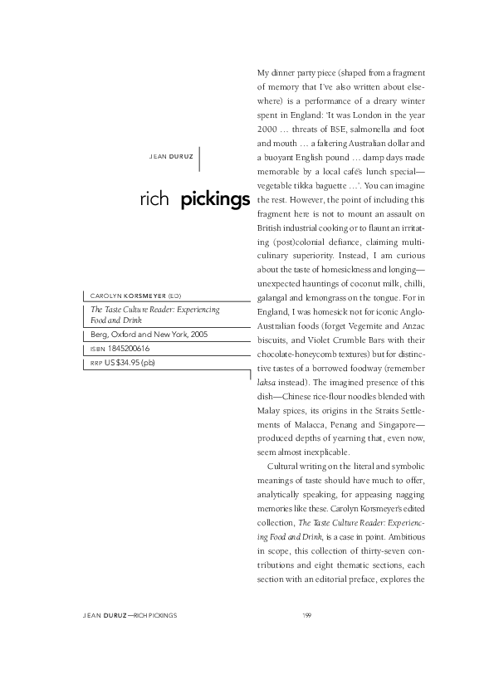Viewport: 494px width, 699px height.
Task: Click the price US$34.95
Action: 120,363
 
